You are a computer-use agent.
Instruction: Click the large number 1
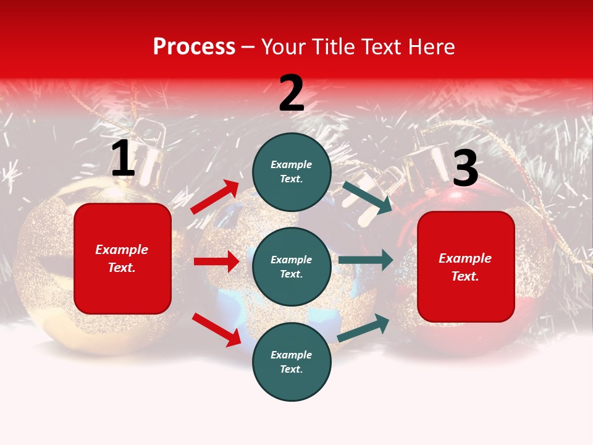[123, 158]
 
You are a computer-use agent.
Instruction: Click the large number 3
[465, 168]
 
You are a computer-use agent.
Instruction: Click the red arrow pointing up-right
[214, 197]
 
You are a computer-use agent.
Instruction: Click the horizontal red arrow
[216, 261]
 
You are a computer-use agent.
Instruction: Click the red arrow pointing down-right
[216, 329]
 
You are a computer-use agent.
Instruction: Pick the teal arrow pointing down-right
[367, 197]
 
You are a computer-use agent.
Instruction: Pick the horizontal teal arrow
[365, 260]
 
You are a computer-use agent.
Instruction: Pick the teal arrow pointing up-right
[363, 328]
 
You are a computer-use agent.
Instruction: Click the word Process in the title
[194, 46]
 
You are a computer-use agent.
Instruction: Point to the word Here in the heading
[431, 46]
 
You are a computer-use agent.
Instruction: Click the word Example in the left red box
[122, 250]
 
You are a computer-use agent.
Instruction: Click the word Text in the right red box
[465, 276]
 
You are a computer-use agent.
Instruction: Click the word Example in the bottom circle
[291, 355]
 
